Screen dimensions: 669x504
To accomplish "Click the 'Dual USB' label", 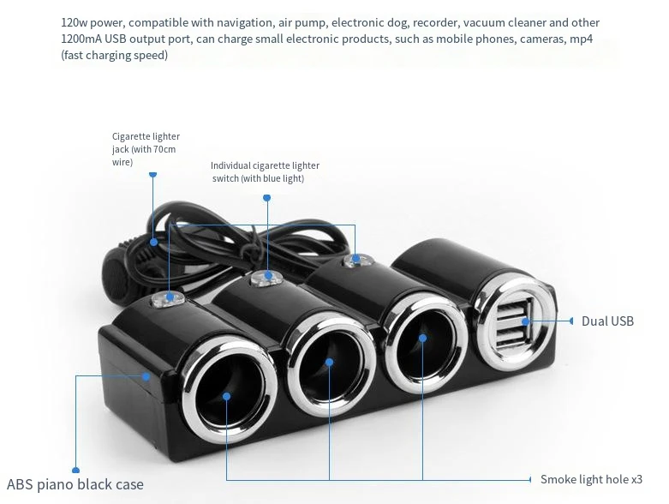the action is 607,321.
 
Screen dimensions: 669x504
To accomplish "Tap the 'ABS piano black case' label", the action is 75,484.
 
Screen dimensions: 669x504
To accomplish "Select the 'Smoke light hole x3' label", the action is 591,479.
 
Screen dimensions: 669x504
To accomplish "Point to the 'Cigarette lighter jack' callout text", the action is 146,149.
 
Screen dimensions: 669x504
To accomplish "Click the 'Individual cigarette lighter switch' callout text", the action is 265,171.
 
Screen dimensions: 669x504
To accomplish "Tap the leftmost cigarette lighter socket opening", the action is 227,398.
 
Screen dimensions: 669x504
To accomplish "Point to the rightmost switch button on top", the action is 356,259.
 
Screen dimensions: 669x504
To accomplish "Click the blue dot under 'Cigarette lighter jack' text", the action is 153,174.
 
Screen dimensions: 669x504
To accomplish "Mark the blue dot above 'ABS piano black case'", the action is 75,470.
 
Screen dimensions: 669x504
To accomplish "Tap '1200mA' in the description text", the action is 83,39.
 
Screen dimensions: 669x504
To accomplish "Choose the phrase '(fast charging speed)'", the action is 114,56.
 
